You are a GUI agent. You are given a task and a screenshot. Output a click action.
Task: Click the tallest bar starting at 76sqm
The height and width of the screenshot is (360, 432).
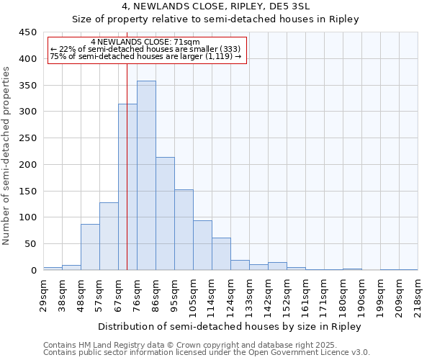146,176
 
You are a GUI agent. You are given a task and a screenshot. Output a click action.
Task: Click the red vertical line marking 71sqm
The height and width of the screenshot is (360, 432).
127,144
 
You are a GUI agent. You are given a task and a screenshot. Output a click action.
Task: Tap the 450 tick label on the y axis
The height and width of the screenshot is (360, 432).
28,32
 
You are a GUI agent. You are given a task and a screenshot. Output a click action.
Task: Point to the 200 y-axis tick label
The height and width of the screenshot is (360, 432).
28,165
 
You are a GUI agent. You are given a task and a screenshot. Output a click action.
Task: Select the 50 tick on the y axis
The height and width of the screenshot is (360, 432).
30,244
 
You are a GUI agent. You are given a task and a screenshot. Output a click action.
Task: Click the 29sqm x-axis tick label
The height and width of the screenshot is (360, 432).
43,294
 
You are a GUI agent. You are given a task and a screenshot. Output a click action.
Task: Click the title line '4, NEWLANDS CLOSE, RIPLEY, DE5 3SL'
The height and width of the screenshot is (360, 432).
215,6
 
